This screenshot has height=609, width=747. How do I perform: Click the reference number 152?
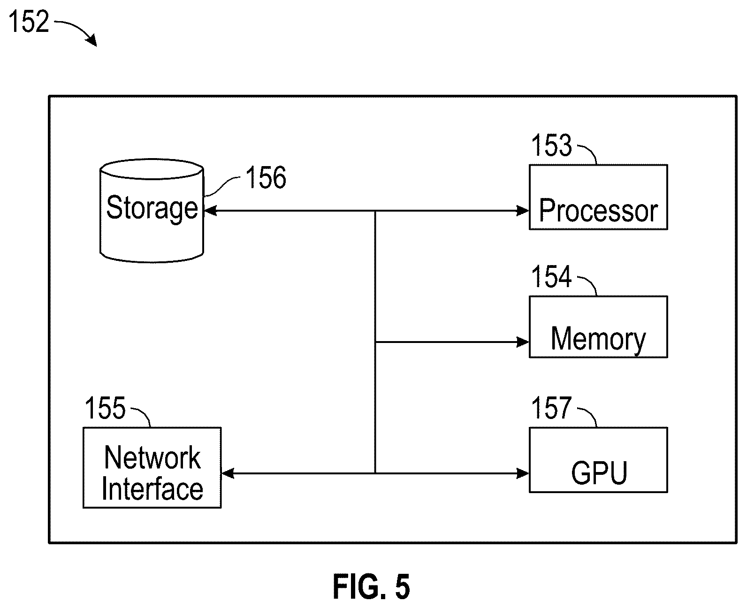point(29,22)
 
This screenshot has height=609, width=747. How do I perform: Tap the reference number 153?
point(551,145)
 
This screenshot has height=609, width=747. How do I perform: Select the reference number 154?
point(551,277)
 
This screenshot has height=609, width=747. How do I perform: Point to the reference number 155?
point(105,408)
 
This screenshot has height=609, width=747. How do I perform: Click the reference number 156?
point(266,177)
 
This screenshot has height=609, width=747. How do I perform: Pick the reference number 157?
point(551,408)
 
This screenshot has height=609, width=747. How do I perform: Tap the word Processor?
point(598,211)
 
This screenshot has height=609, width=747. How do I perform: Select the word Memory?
point(598,339)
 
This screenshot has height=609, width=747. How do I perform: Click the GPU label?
point(599,473)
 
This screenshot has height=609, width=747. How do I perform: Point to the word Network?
point(152,457)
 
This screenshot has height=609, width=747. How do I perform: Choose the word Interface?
point(152,489)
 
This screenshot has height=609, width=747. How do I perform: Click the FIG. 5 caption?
point(371,587)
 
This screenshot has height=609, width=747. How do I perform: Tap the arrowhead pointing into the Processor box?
point(523,211)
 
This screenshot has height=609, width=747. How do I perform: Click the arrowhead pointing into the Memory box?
point(523,342)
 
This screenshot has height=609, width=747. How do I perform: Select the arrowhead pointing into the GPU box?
point(523,473)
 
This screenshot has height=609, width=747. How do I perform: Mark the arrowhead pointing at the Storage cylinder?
point(211,211)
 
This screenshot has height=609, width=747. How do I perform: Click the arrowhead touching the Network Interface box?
point(228,473)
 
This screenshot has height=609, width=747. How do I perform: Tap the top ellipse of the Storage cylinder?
point(152,169)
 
